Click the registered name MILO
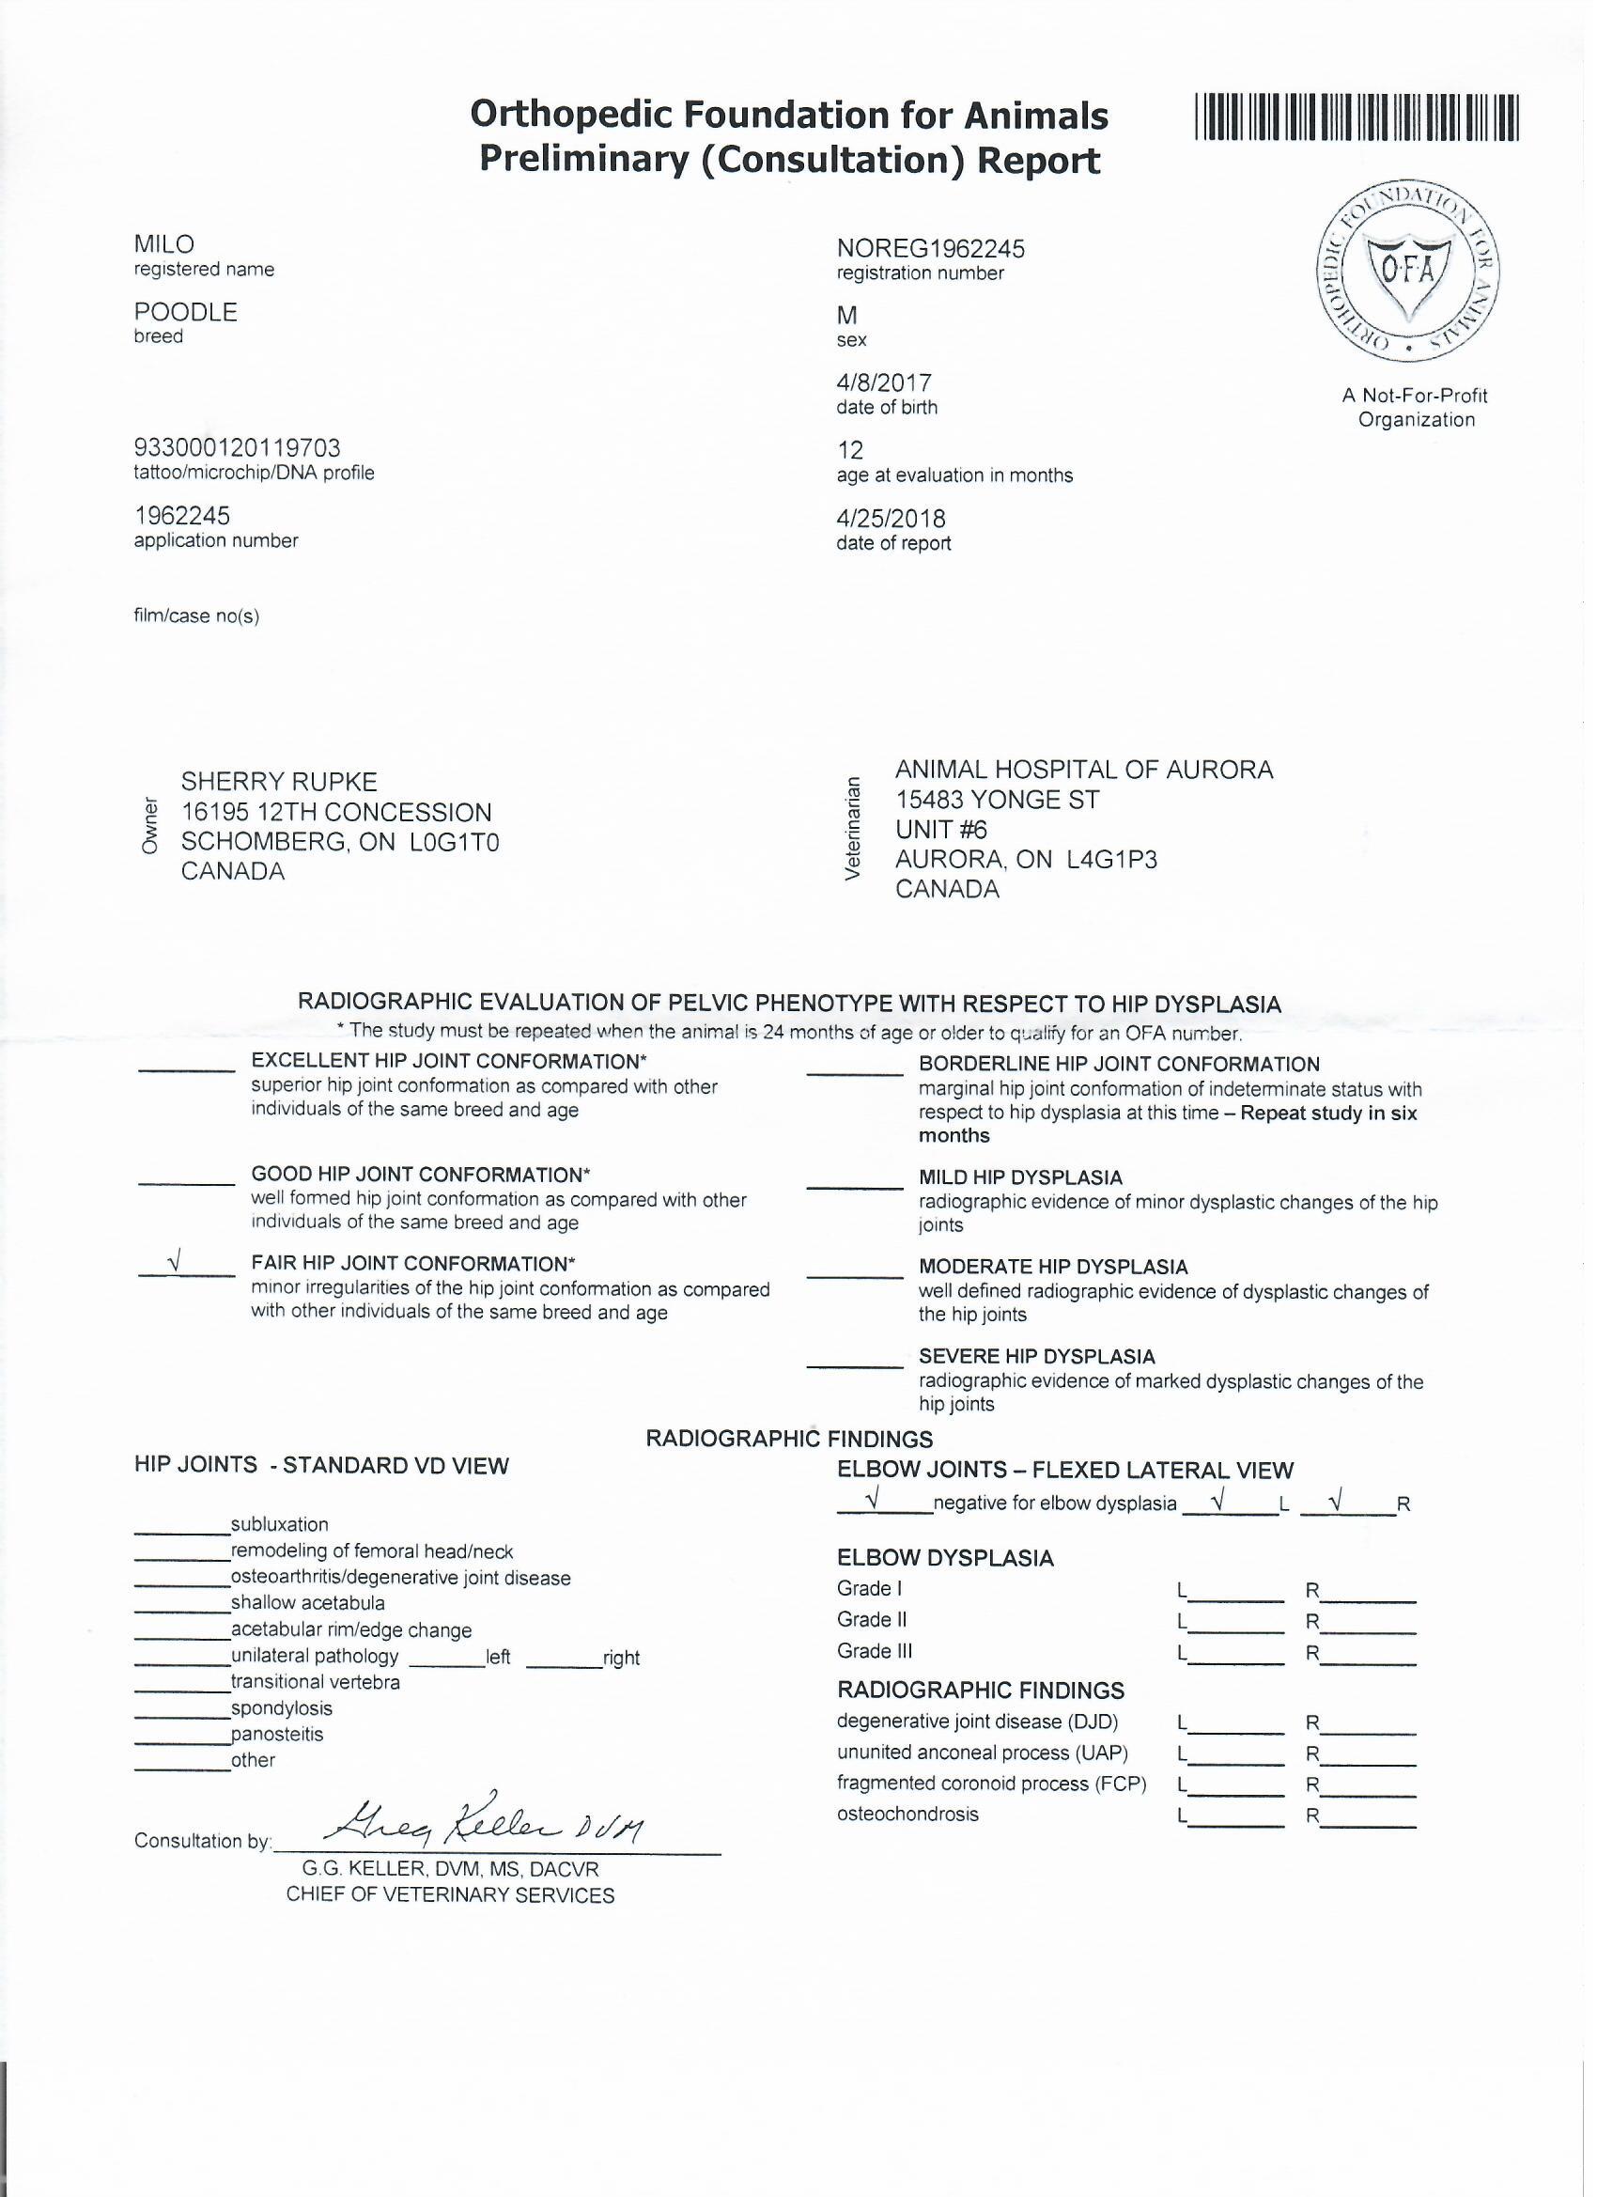(x=163, y=245)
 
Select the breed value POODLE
(x=185, y=312)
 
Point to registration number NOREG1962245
(x=930, y=249)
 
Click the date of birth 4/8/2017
(x=883, y=382)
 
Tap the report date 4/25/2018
(x=890, y=519)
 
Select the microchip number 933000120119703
(x=238, y=447)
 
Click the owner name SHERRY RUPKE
(x=279, y=782)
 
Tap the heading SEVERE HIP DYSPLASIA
(x=1036, y=1356)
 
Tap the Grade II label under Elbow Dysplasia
(x=872, y=1619)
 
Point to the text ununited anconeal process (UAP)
(x=982, y=1753)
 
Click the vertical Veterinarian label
(x=852, y=829)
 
